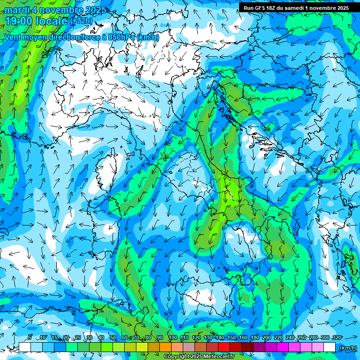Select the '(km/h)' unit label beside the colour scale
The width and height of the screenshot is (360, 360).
[347, 347]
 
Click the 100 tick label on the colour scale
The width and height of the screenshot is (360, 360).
[172, 337]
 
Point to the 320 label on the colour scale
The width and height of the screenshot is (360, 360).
[337, 337]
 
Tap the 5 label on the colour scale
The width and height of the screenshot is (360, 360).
[30, 337]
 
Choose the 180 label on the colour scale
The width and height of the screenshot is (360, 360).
[255, 337]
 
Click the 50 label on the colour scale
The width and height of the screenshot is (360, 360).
[112, 337]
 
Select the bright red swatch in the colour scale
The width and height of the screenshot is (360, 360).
[224, 347]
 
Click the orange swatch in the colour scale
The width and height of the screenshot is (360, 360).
[165, 347]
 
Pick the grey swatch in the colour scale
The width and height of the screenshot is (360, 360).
[189, 347]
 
